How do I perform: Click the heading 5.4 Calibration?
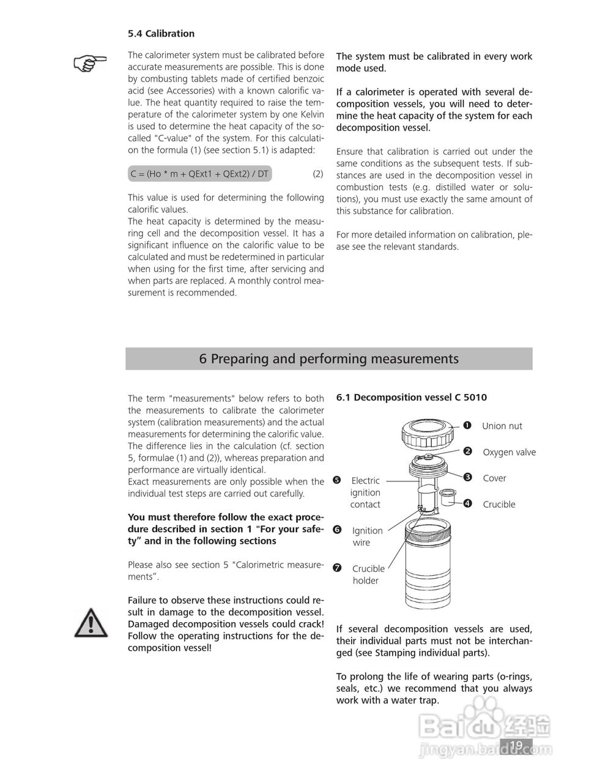click(161, 34)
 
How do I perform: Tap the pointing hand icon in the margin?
click(90, 62)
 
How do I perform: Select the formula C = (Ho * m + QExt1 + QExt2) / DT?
click(199, 174)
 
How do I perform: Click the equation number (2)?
click(318, 174)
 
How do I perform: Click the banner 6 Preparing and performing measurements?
click(328, 358)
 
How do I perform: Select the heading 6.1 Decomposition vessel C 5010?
click(411, 397)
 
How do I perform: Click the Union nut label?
click(502, 426)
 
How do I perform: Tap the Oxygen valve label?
click(509, 452)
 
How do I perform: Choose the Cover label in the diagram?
click(494, 478)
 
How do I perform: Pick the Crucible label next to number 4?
click(498, 504)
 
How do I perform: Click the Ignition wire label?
click(367, 536)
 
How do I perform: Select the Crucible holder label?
click(368, 574)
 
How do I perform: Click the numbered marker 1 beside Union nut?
click(467, 426)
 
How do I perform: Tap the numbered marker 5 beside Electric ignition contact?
click(336, 480)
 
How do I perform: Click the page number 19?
click(516, 744)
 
